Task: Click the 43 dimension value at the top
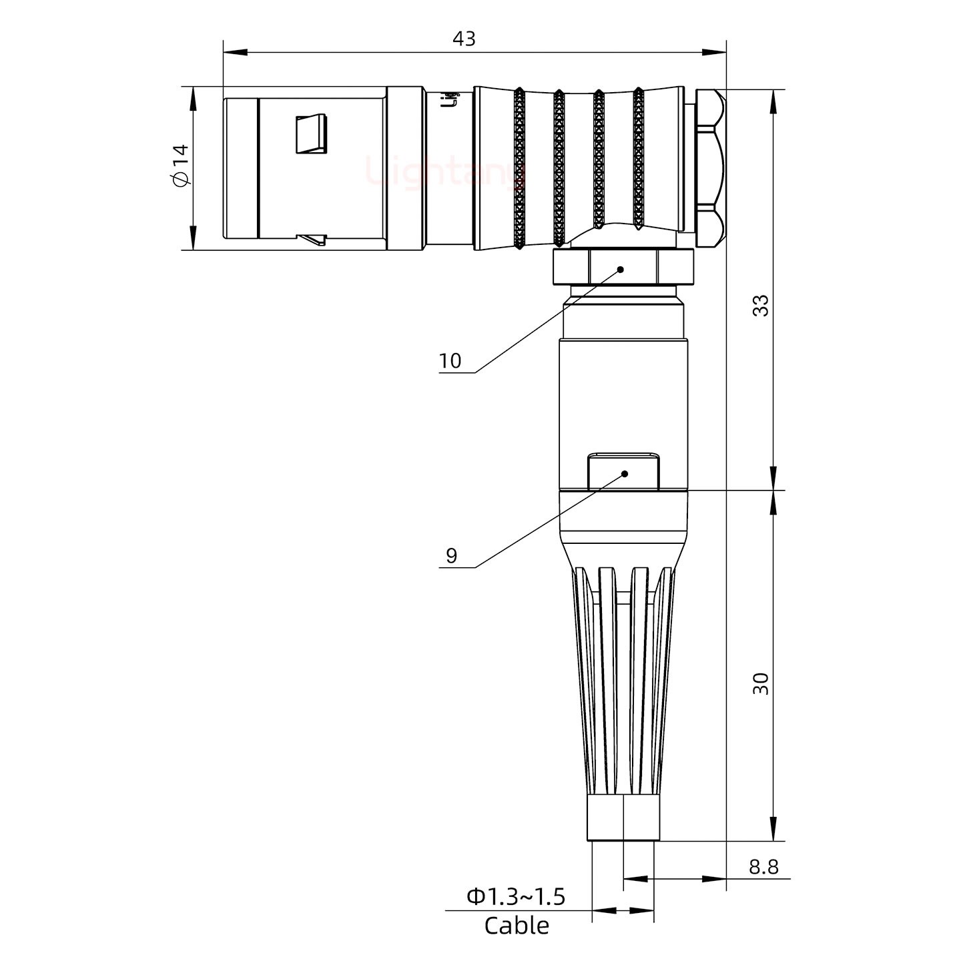464,39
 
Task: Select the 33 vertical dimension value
760,305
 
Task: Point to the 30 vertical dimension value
760,683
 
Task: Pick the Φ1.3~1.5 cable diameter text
516,897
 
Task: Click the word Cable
517,926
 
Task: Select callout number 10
450,361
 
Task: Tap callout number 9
452,555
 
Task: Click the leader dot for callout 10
621,270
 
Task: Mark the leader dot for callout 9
625,474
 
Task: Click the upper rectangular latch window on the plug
312,133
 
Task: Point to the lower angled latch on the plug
312,238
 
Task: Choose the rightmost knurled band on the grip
639,160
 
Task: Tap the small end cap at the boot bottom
623,818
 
